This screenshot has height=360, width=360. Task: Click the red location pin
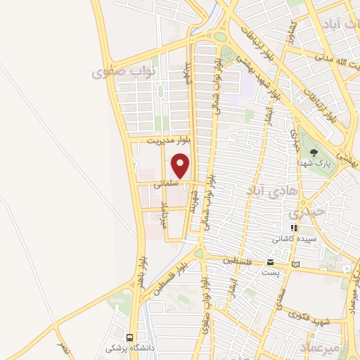[x=181, y=166]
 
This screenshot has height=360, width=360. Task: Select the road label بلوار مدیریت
[x=168, y=141]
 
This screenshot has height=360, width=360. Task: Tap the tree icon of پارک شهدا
[x=314, y=152]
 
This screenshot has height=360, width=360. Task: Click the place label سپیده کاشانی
[x=296, y=238]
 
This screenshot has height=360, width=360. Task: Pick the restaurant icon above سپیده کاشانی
[x=294, y=228]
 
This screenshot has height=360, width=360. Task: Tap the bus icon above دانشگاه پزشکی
[x=129, y=337]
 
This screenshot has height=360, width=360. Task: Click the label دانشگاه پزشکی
[x=124, y=348]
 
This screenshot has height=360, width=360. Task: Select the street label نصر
[x=64, y=349]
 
